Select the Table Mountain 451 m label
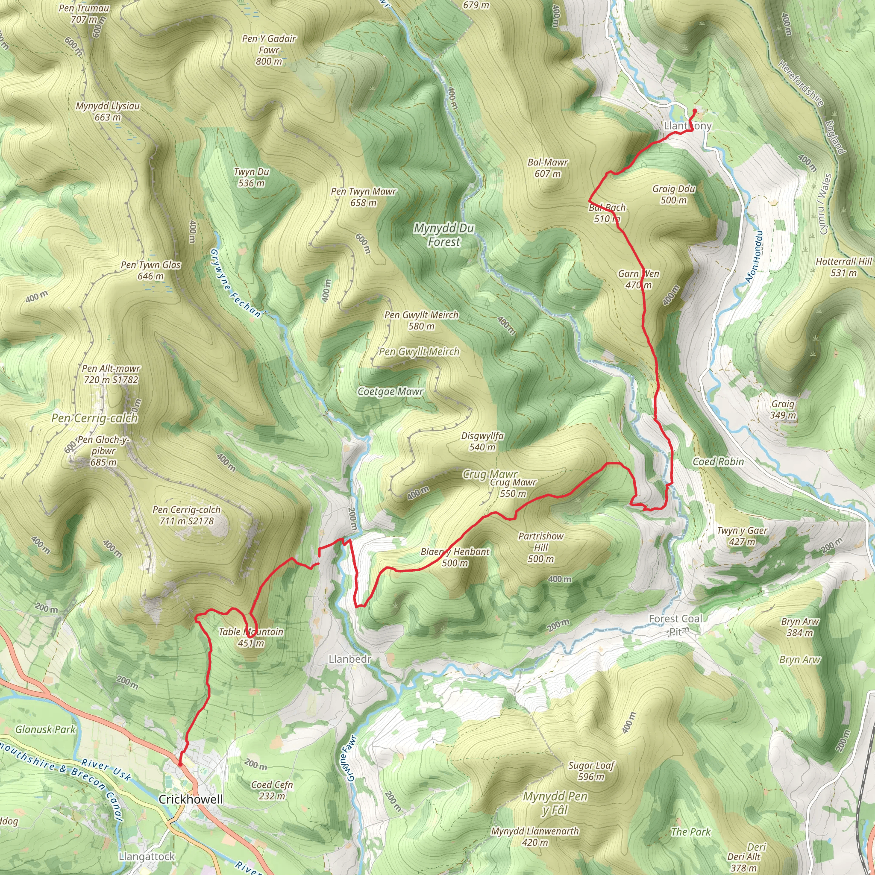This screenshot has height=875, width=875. tap(251, 637)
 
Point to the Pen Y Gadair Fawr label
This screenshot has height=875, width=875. tap(269, 50)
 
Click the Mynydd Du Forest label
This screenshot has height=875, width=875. tap(444, 235)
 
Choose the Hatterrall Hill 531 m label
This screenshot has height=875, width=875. tap(843, 267)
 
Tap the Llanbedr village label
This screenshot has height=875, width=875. tap(350, 659)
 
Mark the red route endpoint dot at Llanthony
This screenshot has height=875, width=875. tap(695, 110)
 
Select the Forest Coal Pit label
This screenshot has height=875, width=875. tap(675, 625)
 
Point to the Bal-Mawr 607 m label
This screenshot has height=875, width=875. tap(548, 167)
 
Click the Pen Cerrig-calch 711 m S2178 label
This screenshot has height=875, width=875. tap(187, 515)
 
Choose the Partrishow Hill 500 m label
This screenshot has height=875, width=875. tap(541, 547)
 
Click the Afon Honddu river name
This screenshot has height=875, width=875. tap(754, 257)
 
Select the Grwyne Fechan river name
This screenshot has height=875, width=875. tap(235, 283)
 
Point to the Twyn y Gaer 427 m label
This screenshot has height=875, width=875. tap(742, 536)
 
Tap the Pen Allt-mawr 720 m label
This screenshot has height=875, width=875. tap(111, 374)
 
